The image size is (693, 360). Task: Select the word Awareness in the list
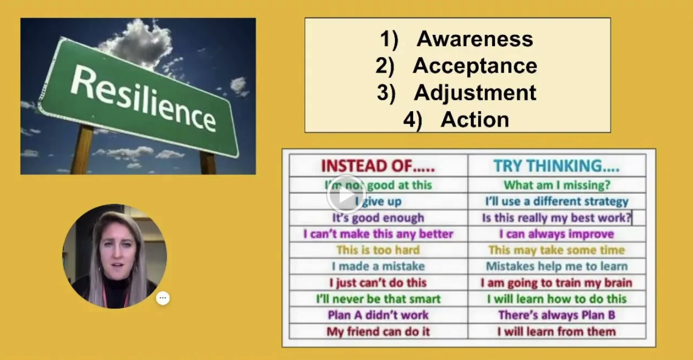coord(475,39)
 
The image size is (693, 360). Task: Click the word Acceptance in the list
coord(475,66)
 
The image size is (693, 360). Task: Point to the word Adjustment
coord(475,93)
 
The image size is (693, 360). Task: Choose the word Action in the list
coord(475,119)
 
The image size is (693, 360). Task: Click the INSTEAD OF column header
coord(378,166)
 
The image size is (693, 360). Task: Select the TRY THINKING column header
coord(557,166)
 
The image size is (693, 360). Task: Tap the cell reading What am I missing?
coord(557,185)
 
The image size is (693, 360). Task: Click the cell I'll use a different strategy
coord(557,201)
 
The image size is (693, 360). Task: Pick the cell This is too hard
coord(378,250)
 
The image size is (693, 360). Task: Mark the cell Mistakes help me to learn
coord(557,267)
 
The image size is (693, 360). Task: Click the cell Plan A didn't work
coord(378,315)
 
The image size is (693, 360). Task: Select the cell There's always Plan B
coord(557,315)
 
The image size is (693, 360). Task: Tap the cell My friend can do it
coord(378,332)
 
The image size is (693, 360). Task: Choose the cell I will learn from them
coord(557,332)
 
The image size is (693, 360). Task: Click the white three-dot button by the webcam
coord(163,298)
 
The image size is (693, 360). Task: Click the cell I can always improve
coord(557,234)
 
